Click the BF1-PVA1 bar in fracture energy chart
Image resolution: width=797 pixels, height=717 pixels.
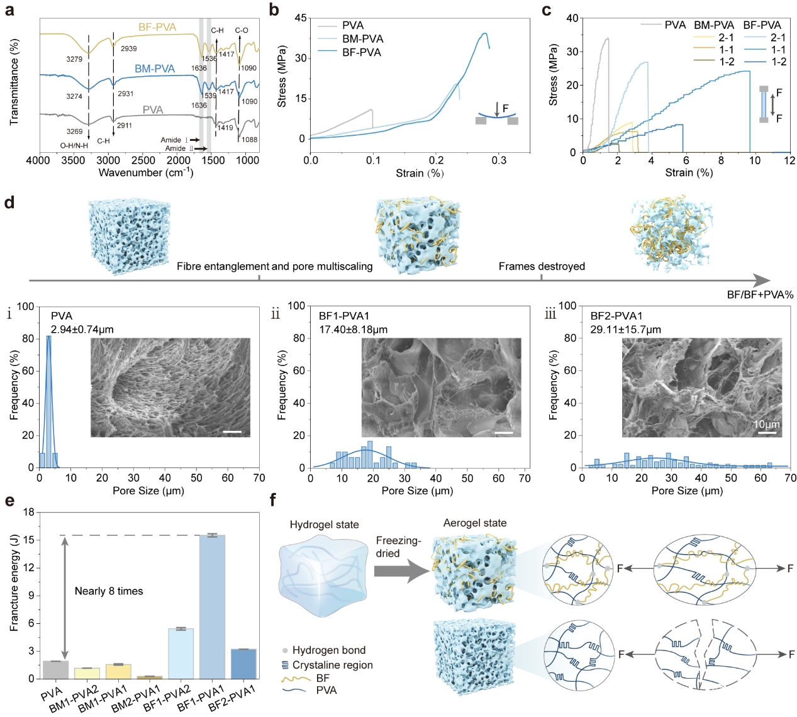212,607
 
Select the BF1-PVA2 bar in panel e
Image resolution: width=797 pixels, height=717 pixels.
181,653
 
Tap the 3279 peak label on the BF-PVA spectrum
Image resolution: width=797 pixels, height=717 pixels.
74,59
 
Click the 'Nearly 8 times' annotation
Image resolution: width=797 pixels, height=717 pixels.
109,591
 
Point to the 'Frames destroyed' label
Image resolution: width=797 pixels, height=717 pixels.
542,267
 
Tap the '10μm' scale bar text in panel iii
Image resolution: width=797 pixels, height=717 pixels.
767,425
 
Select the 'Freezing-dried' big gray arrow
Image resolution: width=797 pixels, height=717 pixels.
401,572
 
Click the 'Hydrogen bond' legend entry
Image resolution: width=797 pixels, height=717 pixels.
328,650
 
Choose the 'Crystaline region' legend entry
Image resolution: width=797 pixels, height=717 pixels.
332,665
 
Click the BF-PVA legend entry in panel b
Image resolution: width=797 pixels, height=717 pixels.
362,52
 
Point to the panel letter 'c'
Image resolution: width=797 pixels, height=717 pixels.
546,10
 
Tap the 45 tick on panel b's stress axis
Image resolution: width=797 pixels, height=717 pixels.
300,18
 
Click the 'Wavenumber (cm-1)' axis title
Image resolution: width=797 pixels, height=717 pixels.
146,173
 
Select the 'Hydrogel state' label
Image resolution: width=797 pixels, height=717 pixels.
324,525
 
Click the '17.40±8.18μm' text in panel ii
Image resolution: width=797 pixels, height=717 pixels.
353,330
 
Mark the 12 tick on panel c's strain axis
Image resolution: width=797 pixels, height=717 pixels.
789,160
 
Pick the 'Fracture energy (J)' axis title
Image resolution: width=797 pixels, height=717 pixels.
14,582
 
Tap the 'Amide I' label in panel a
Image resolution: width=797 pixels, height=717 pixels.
174,140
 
